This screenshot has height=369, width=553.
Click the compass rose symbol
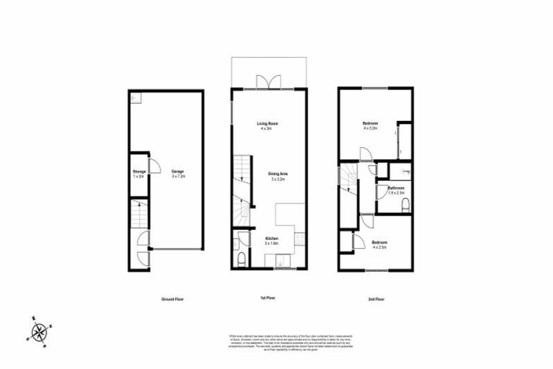pyautogui.click(x=38, y=331)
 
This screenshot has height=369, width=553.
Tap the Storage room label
pyautogui.click(x=139, y=173)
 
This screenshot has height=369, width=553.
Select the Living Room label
pyautogui.click(x=268, y=126)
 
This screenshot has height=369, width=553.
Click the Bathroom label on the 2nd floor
pyautogui.click(x=397, y=190)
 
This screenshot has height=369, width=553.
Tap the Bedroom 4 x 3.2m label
pyautogui.click(x=370, y=126)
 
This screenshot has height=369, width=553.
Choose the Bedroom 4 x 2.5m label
pyautogui.click(x=380, y=244)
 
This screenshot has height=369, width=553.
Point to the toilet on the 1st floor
pyautogui.click(x=240, y=259)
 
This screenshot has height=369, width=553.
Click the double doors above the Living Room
pyautogui.click(x=269, y=81)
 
